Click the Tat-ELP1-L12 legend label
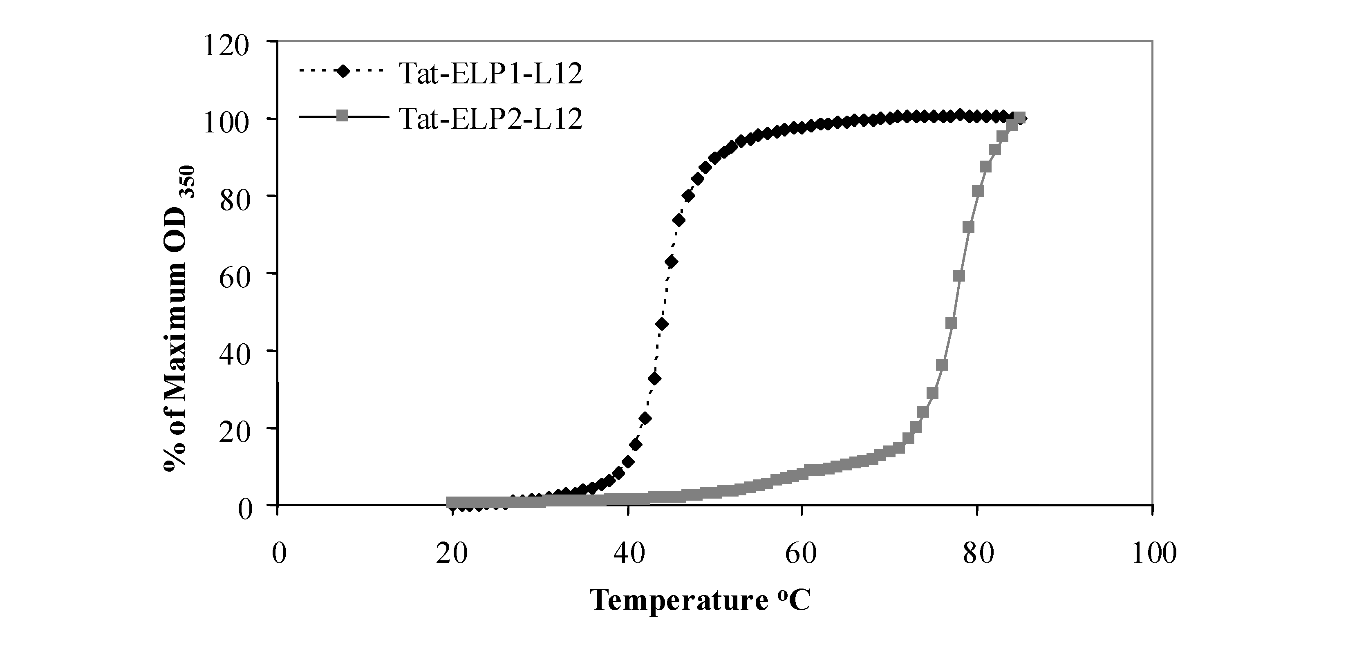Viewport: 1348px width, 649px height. pos(490,74)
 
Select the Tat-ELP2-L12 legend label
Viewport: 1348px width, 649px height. pos(490,119)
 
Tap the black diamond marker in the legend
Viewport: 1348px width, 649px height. pos(343,71)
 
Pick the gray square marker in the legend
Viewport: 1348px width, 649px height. pos(343,116)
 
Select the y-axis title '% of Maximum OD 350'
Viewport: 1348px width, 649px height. pos(179,319)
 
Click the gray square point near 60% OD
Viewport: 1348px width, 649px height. pos(958,276)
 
